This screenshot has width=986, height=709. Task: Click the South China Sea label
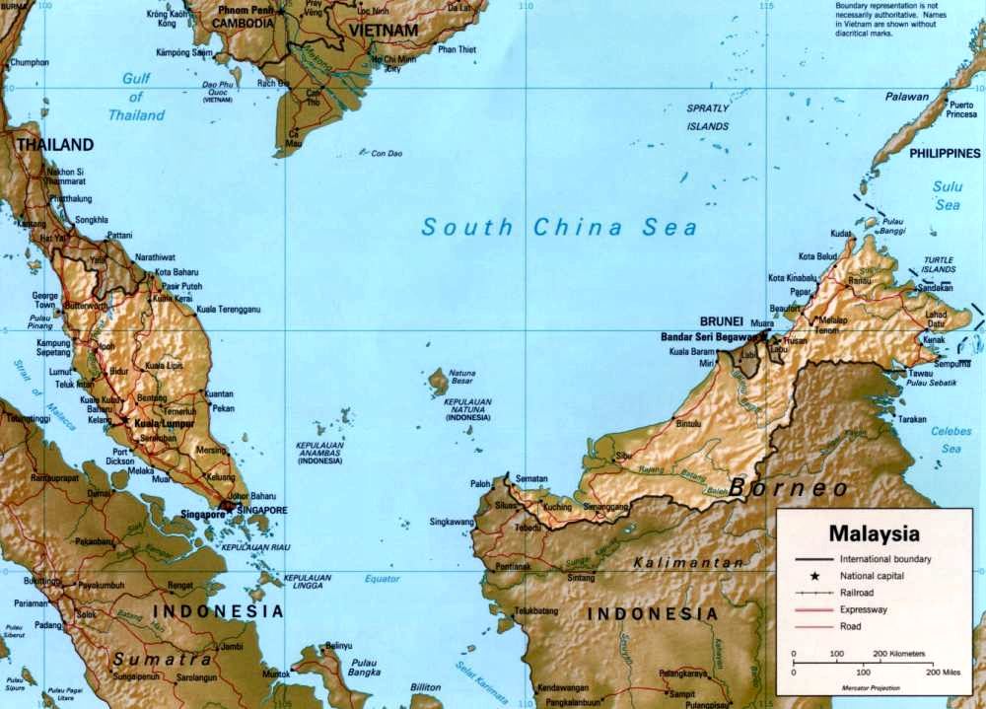coord(559,228)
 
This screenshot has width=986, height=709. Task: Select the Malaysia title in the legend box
coord(874,534)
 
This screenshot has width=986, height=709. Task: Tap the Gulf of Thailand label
coord(136,98)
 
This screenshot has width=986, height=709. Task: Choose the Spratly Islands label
coord(708,117)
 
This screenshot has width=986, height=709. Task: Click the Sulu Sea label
coord(948,195)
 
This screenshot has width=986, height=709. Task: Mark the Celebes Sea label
coord(950,439)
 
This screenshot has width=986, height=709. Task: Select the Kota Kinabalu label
coord(792,278)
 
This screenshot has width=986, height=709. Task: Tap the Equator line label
coord(382,578)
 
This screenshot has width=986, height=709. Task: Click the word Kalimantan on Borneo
coord(688,562)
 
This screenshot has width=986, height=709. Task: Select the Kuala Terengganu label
coord(228,310)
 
